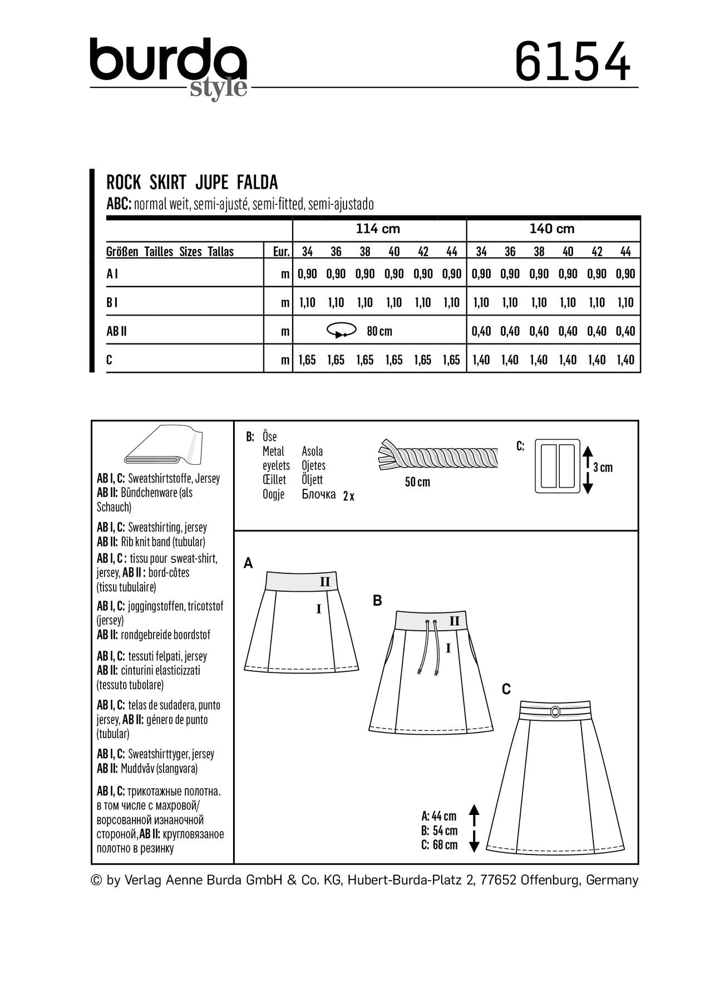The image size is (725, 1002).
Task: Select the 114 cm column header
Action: click(378, 229)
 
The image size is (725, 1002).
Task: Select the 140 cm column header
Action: click(552, 229)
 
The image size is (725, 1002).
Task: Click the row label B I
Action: click(112, 302)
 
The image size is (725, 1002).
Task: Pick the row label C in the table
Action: click(109, 360)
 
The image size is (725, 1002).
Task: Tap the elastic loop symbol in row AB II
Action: click(341, 331)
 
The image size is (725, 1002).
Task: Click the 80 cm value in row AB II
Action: click(379, 332)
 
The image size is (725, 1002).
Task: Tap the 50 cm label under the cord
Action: click(417, 482)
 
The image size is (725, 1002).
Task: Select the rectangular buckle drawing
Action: click(558, 466)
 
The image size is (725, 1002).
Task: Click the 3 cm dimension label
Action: click(603, 468)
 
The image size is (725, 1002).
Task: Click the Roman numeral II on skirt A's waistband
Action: click(325, 582)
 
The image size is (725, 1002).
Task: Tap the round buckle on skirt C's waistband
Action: click(555, 711)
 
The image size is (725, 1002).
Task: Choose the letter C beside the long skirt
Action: click(506, 690)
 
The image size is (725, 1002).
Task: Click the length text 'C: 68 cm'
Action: click(440, 845)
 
